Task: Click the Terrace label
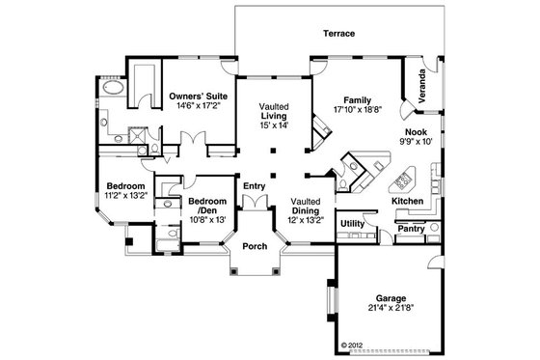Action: [x=338, y=35]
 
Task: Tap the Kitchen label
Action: [x=408, y=200]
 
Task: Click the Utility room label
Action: [x=353, y=223]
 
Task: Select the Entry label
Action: [x=254, y=186]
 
